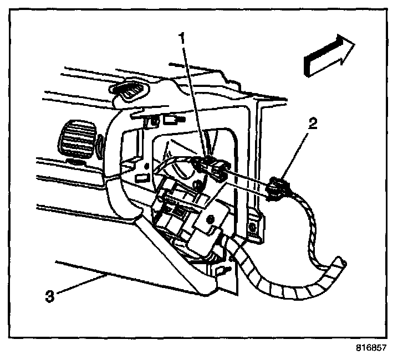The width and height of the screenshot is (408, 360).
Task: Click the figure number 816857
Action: (370, 349)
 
